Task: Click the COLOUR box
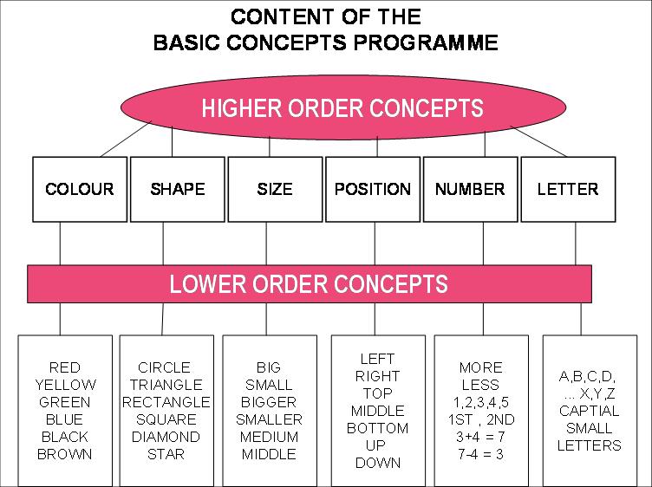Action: [x=80, y=188]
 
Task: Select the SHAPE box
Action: [x=177, y=188]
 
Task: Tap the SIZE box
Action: [x=274, y=188]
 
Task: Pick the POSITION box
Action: [x=372, y=188]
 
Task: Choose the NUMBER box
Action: [x=470, y=188]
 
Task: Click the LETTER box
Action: [x=567, y=188]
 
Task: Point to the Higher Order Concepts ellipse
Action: [x=342, y=109]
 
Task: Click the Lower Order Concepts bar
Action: [x=310, y=283]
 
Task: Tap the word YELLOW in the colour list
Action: [x=65, y=385]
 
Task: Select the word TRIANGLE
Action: [x=165, y=385]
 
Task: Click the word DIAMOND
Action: [x=165, y=437]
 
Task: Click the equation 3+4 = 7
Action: [x=480, y=437]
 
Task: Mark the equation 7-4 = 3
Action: [x=480, y=454]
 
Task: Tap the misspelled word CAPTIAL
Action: [x=590, y=411]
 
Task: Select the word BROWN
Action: [x=65, y=454]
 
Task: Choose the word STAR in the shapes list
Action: [x=165, y=454]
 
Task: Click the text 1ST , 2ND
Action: [x=480, y=419]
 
